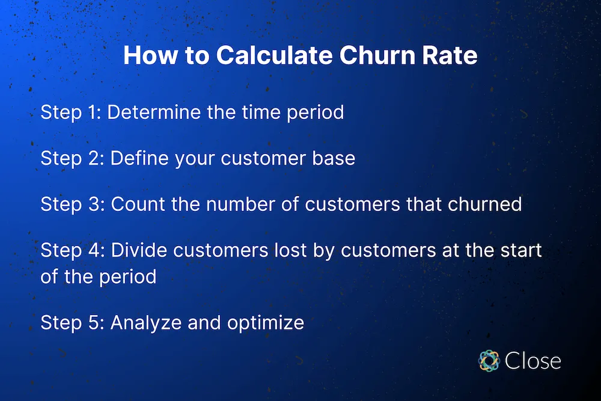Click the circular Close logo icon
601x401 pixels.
click(x=489, y=360)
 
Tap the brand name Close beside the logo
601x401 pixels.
click(x=533, y=361)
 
